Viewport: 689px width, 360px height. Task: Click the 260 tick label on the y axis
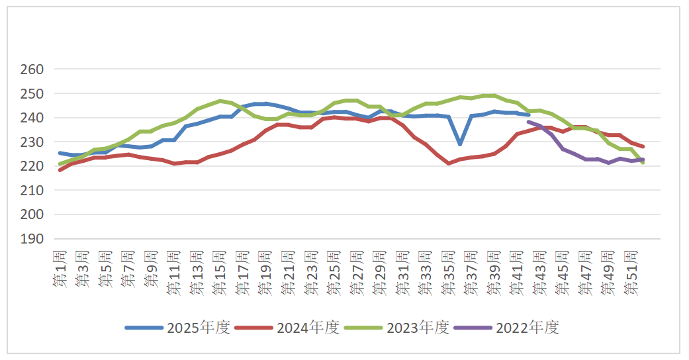pyautogui.click(x=32, y=69)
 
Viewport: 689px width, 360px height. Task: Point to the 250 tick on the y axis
pyautogui.click(x=32, y=94)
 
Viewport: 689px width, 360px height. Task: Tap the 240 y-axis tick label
pyautogui.click(x=32, y=118)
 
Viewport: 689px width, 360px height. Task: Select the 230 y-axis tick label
pyautogui.click(x=32, y=142)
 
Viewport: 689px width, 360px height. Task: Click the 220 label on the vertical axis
pyautogui.click(x=32, y=166)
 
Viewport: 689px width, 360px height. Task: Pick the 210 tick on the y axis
pyautogui.click(x=32, y=191)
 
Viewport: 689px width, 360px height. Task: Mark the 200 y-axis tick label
pyautogui.click(x=32, y=214)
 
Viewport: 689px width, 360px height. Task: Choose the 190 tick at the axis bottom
pyautogui.click(x=32, y=239)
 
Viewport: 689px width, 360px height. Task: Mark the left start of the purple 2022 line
pyautogui.click(x=528, y=122)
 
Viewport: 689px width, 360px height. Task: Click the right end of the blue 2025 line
pyautogui.click(x=528, y=114)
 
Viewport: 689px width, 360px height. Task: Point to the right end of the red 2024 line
pyautogui.click(x=643, y=146)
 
